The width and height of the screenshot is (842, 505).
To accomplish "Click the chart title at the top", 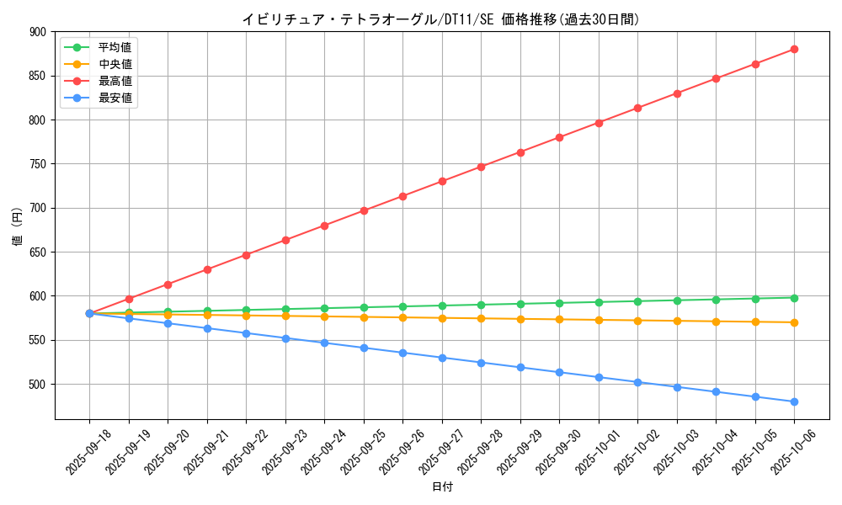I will [x=440, y=19].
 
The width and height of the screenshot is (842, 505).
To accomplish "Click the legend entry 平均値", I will [x=115, y=47].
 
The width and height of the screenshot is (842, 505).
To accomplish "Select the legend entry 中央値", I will [x=115, y=64].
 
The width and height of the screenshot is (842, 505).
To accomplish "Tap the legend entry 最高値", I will [x=115, y=81].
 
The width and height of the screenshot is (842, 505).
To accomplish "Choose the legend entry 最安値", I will [x=115, y=98].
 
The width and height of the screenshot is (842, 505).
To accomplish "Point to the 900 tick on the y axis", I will [x=38, y=32].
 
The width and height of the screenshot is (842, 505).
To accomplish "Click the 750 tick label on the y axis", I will [x=38, y=164].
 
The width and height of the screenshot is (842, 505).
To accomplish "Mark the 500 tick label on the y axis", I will [x=38, y=385].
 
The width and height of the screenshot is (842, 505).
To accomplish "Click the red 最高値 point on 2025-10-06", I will [x=794, y=50].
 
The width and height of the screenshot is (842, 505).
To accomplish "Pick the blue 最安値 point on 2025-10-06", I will [x=794, y=401].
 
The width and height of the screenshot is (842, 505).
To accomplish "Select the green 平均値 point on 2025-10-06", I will [x=794, y=298].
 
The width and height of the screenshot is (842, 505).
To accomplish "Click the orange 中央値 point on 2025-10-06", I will [x=794, y=322].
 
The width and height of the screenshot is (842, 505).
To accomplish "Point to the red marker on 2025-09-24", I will [x=324, y=226].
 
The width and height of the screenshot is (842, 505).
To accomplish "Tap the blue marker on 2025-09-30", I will [x=559, y=372].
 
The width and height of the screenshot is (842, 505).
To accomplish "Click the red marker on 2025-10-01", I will [x=599, y=123].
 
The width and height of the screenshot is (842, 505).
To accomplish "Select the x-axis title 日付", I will [x=442, y=487].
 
